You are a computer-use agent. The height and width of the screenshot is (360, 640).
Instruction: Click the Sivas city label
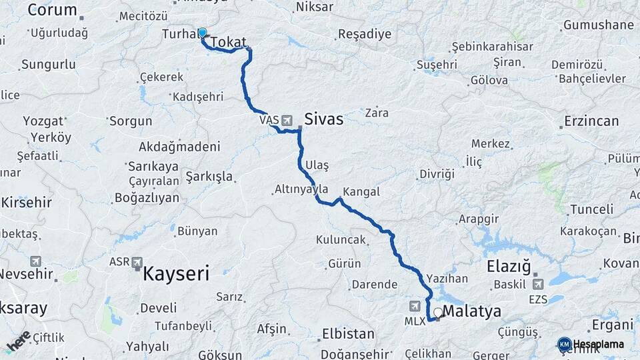point(324,119)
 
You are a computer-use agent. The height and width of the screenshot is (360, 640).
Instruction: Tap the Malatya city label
point(471,311)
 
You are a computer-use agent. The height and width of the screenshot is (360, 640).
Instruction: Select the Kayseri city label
point(176,273)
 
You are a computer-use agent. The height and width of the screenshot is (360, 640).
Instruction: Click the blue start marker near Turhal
point(202,33)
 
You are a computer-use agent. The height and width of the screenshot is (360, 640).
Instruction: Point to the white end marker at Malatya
point(438,311)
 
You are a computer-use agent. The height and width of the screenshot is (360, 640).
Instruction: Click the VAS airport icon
point(287,120)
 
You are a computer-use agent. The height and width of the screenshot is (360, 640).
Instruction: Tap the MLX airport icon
point(415,305)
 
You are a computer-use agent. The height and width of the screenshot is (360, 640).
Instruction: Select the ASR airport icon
point(137,262)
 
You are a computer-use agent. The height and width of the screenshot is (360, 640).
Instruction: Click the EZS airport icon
point(538,283)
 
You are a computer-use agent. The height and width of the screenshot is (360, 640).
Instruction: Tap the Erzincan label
point(591,121)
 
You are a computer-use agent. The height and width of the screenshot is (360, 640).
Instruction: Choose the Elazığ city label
point(509,267)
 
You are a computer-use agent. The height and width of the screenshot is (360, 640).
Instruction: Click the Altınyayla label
point(301,189)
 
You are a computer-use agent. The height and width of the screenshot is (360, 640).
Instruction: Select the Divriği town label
point(437,174)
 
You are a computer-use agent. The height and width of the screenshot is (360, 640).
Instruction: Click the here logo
point(19,339)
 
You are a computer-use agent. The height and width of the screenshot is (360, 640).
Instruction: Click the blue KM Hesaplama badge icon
point(564,344)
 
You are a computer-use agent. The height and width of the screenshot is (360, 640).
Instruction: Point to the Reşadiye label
point(365,34)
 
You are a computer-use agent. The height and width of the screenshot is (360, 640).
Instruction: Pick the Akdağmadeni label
point(179,147)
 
